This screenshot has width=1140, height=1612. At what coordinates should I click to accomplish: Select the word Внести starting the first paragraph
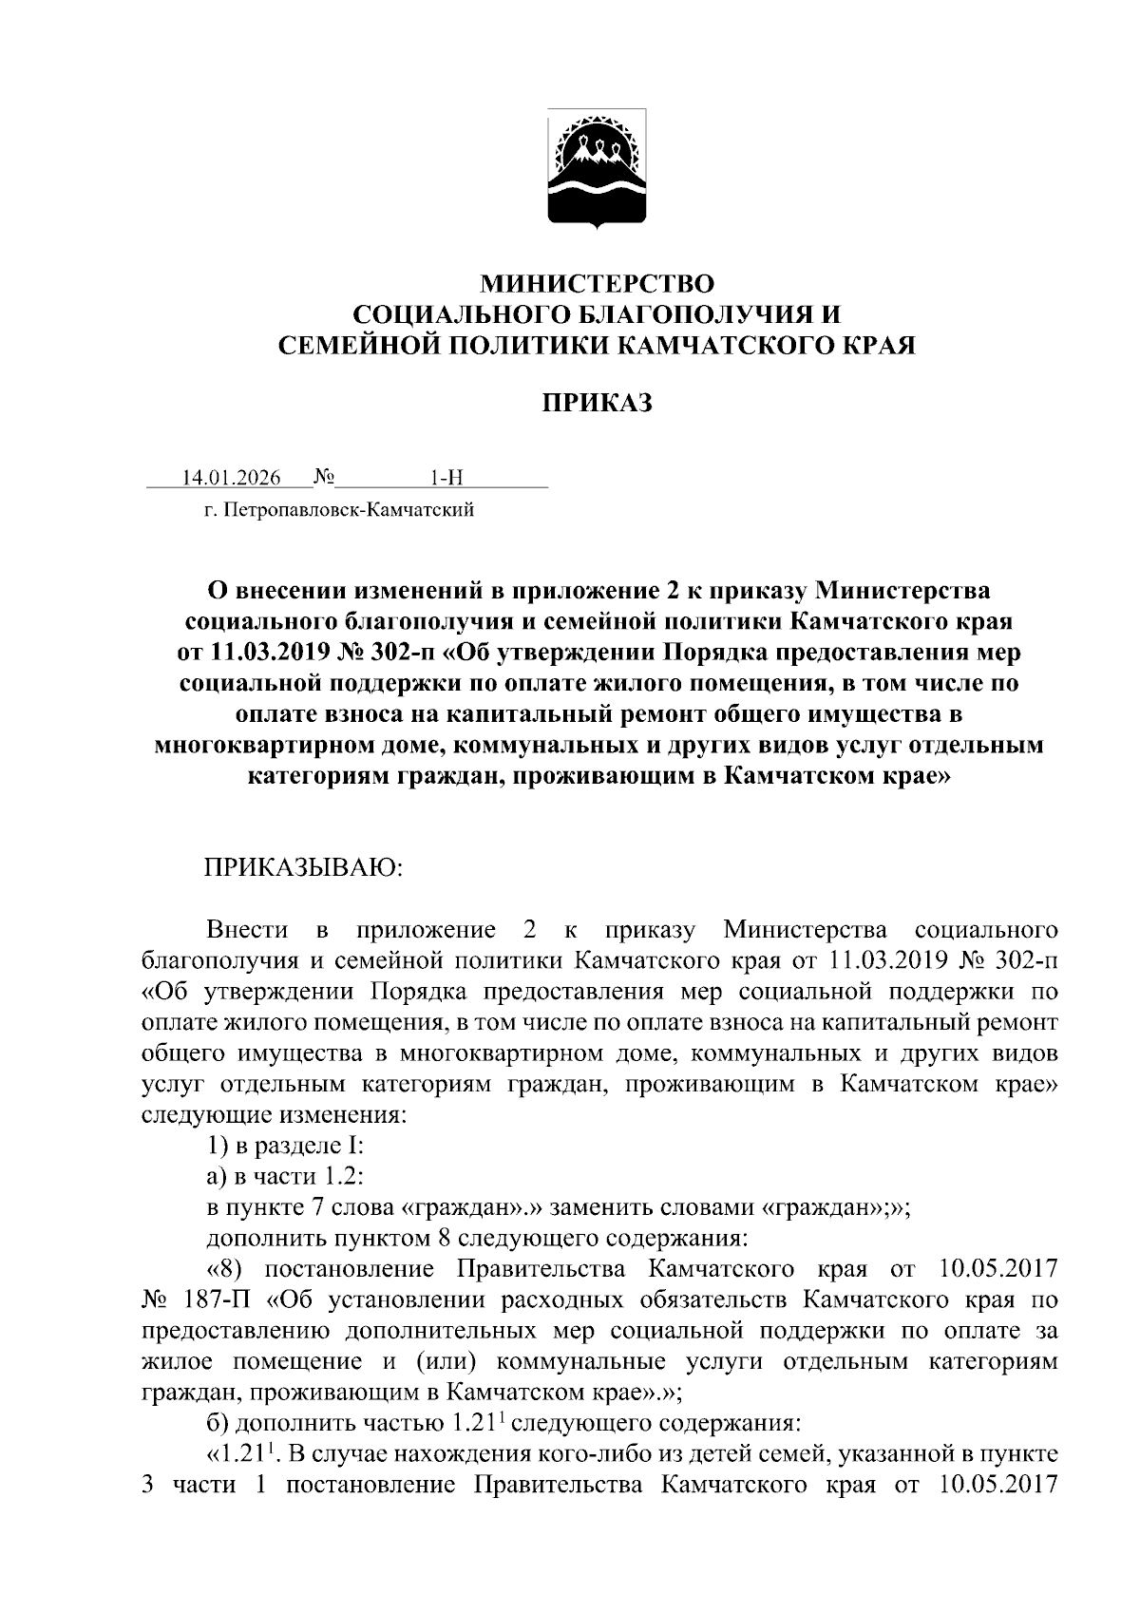pos(247,928)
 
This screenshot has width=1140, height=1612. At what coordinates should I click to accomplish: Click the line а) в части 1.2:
pos(285,1177)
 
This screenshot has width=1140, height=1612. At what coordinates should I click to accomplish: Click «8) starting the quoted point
pos(228,1269)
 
